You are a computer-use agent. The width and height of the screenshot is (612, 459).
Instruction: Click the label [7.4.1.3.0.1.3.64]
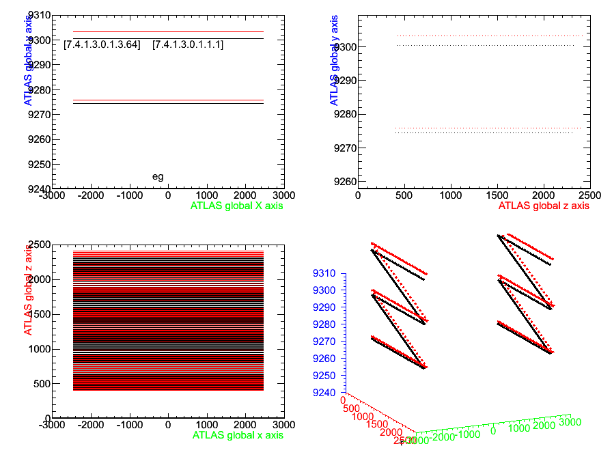pos(102,45)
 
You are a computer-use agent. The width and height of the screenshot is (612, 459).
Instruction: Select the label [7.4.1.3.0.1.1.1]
pos(188,45)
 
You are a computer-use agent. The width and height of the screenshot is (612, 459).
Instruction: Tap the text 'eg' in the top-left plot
pos(158,176)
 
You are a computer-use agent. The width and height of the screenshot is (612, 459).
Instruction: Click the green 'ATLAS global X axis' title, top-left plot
pos(237,205)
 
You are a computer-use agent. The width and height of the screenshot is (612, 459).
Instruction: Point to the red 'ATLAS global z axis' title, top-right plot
pos(543,205)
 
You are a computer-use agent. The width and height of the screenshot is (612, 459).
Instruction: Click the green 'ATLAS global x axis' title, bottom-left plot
pos(238,434)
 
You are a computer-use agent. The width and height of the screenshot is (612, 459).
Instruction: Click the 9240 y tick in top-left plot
pos(38,189)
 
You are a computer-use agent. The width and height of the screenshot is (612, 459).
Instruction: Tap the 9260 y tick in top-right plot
pos(344,182)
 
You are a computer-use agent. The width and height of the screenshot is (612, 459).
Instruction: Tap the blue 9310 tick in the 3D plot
pos(325,273)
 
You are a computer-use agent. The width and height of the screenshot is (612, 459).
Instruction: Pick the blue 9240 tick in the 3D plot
pos(325,393)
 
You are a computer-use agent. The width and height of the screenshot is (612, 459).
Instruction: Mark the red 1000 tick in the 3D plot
pos(365,417)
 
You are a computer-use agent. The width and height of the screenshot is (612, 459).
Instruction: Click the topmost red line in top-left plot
pos(168,31)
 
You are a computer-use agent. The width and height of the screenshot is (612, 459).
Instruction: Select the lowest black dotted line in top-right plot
pos(485,133)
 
